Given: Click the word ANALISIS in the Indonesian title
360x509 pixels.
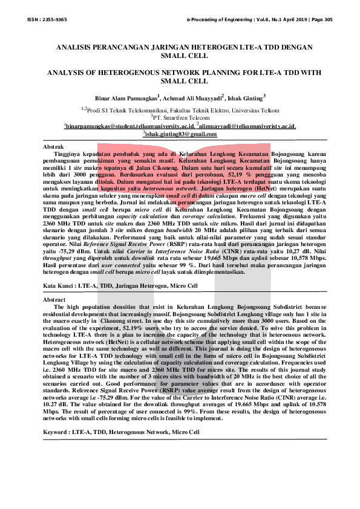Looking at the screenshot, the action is [75, 47].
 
